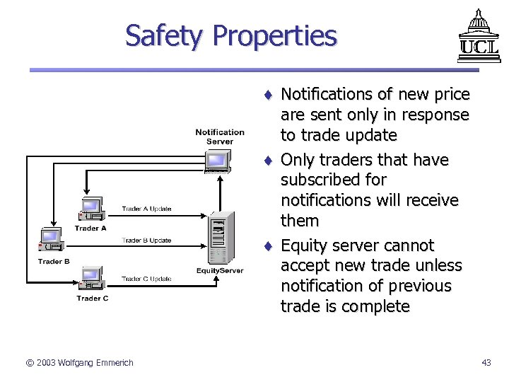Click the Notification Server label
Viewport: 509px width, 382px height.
click(x=220, y=137)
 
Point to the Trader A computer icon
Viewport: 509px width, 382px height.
click(x=91, y=210)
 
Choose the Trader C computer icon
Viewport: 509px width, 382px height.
click(x=91, y=279)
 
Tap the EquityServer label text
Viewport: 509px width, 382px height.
click(x=220, y=271)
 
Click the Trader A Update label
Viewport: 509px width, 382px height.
click(x=146, y=209)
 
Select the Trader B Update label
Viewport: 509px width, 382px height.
click(x=146, y=241)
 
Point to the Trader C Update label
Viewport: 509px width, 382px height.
click(x=146, y=279)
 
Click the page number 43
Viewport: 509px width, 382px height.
click(x=486, y=363)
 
